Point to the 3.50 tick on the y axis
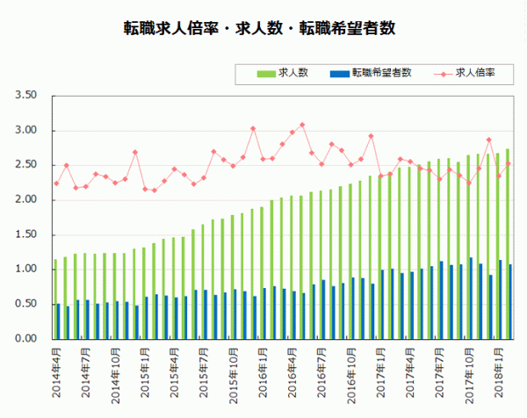tap(25, 96)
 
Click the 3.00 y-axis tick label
tap(25, 131)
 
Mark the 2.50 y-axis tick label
tap(25, 165)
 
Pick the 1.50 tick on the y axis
tap(25, 234)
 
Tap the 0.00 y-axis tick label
tap(25, 339)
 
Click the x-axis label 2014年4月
tap(57, 371)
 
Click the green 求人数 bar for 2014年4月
tap(54, 299)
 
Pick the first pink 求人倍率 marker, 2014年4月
tap(56, 184)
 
